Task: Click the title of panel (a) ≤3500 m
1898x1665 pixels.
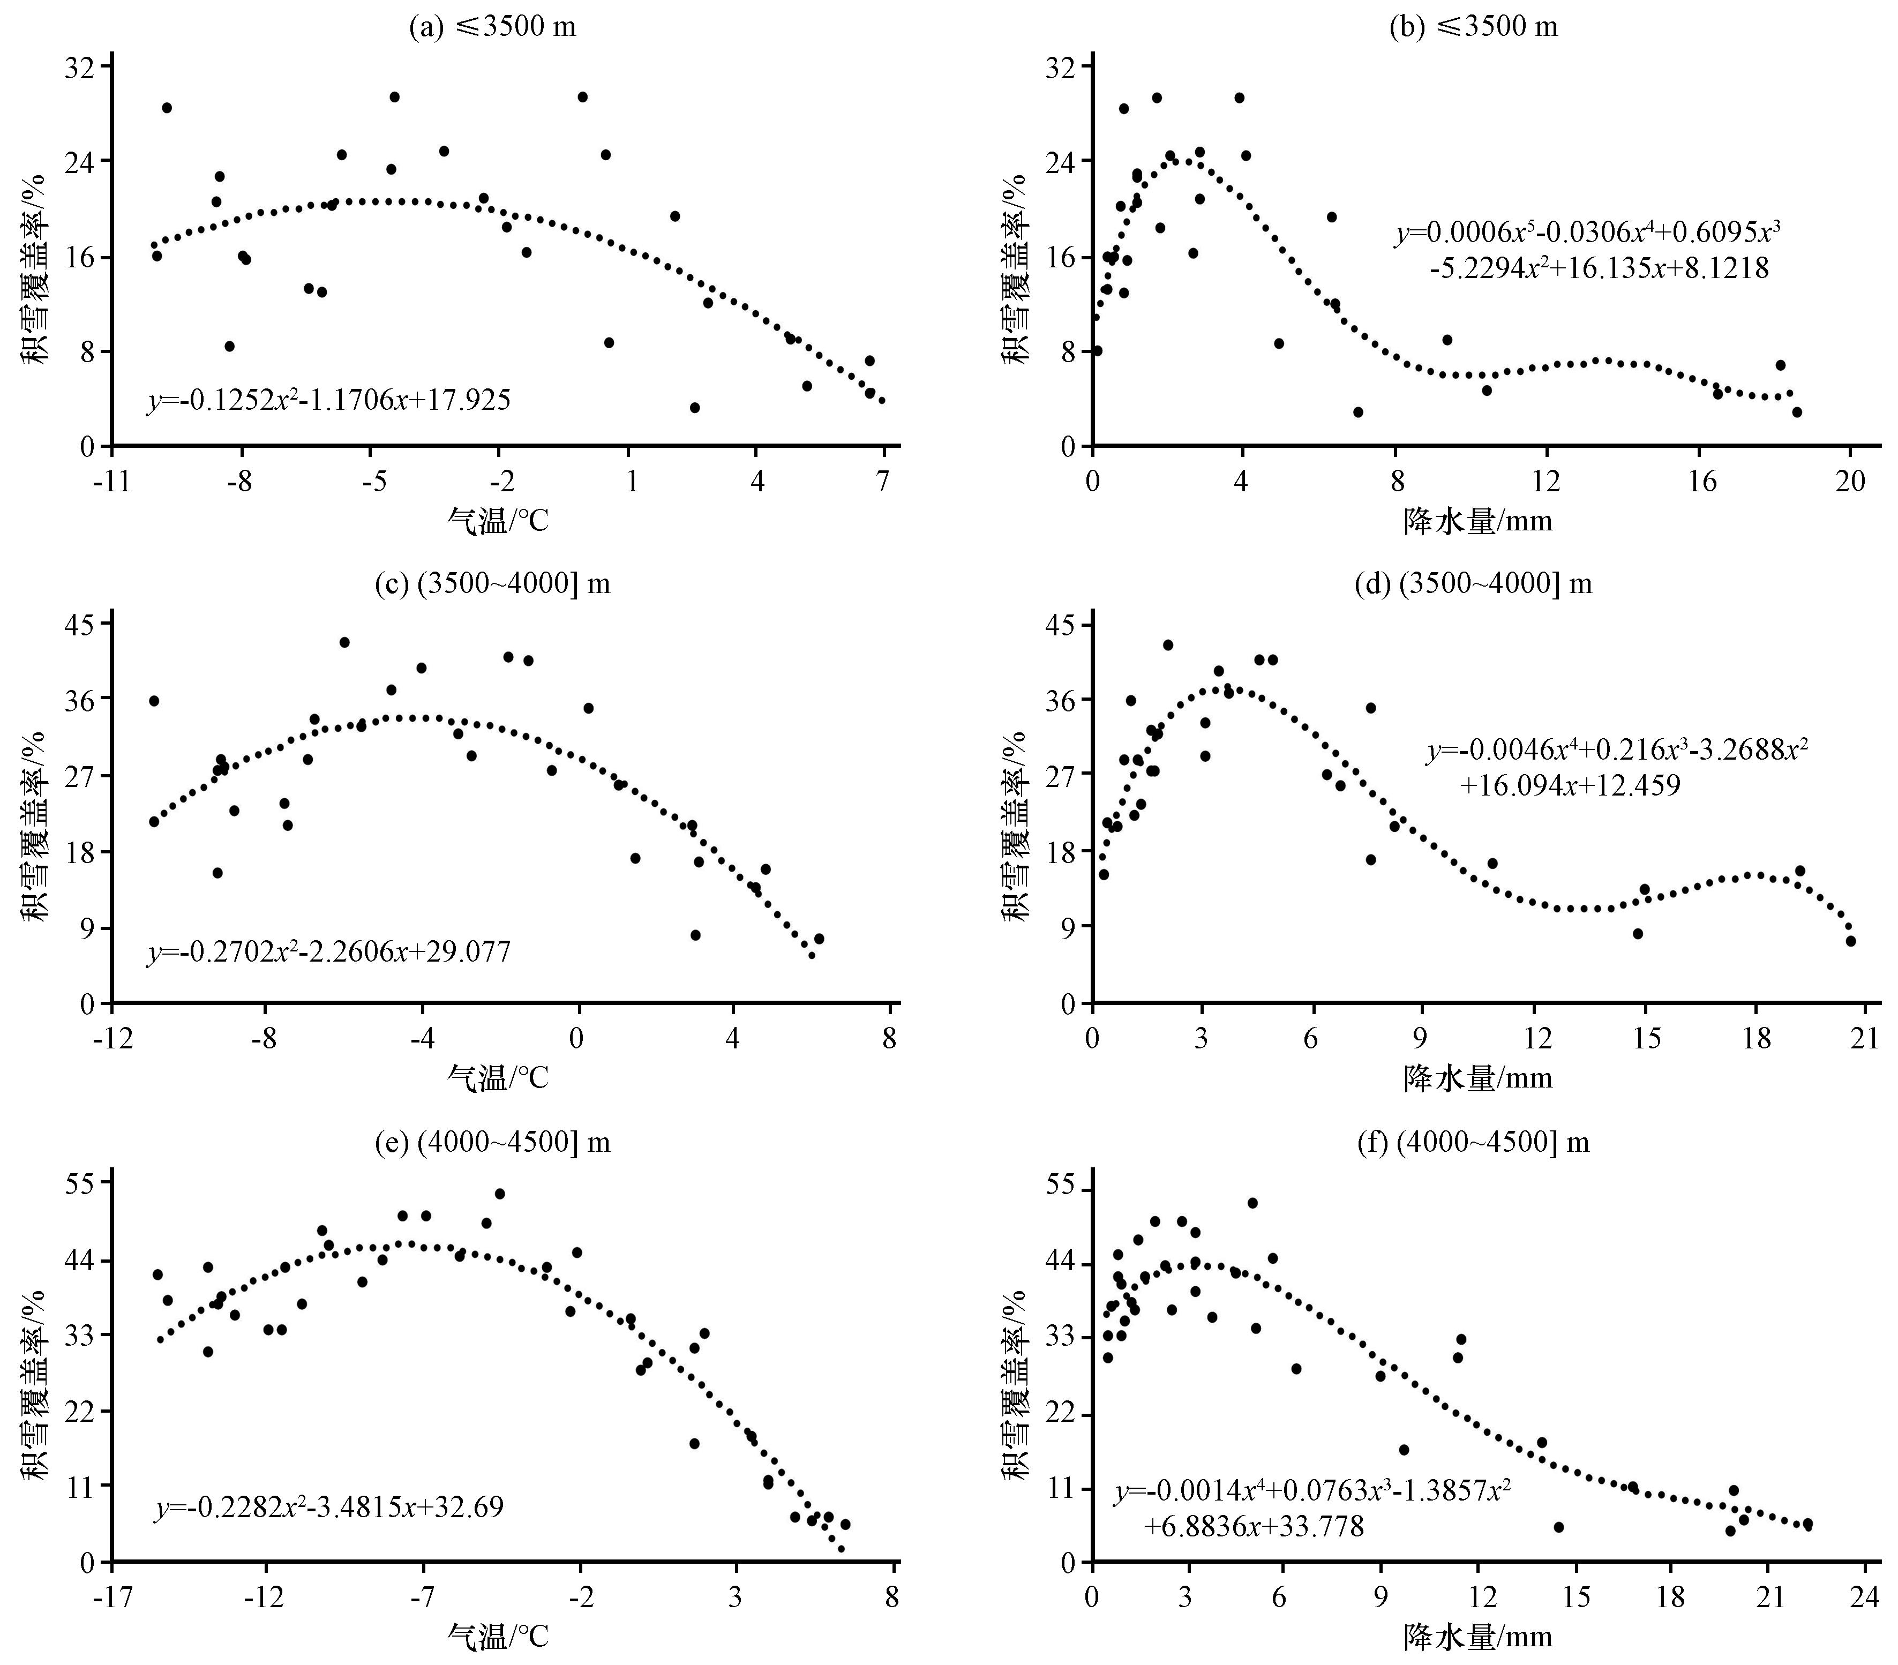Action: pyautogui.click(x=492, y=26)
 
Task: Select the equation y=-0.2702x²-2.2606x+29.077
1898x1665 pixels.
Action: pyautogui.click(x=329, y=952)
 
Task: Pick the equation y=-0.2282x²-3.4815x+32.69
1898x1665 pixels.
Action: pyautogui.click(x=329, y=1505)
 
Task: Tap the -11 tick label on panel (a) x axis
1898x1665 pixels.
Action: pyautogui.click(x=111, y=483)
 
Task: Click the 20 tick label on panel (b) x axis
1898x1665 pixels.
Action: pyautogui.click(x=1850, y=483)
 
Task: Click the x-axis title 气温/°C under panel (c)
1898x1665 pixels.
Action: pyautogui.click(x=499, y=1078)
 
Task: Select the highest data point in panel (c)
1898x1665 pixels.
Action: pyautogui.click(x=344, y=642)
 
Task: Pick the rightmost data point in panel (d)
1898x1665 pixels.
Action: pyautogui.click(x=1850, y=941)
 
